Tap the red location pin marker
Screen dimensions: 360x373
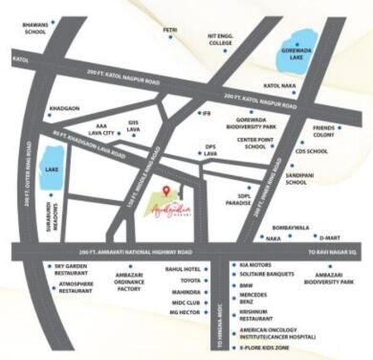coord(165,192)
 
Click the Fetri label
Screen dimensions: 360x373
coord(170,31)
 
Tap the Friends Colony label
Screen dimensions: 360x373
coord(324,131)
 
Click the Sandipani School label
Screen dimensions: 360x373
coord(296,177)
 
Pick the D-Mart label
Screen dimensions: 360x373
coord(330,236)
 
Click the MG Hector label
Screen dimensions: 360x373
coord(184,311)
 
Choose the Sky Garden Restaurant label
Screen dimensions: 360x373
coord(72,269)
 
